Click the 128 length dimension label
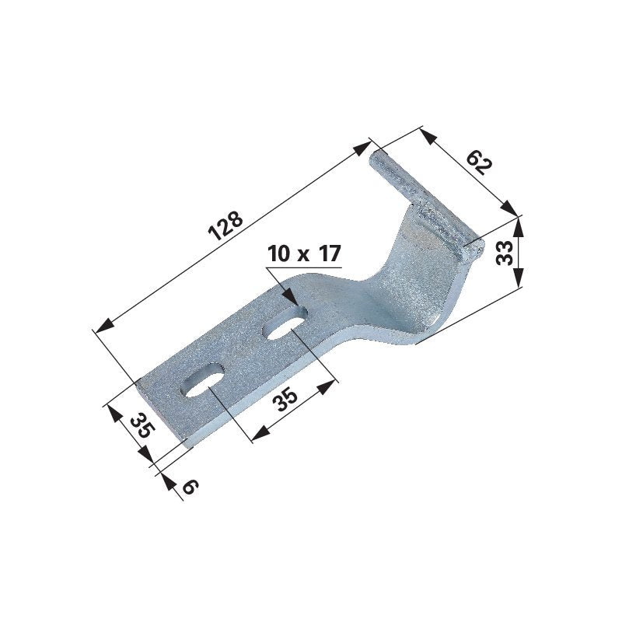click(x=225, y=225)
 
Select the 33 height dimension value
click(x=505, y=253)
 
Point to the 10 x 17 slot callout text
click(x=304, y=254)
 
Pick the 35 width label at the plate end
click(x=142, y=425)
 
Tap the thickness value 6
click(x=190, y=487)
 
